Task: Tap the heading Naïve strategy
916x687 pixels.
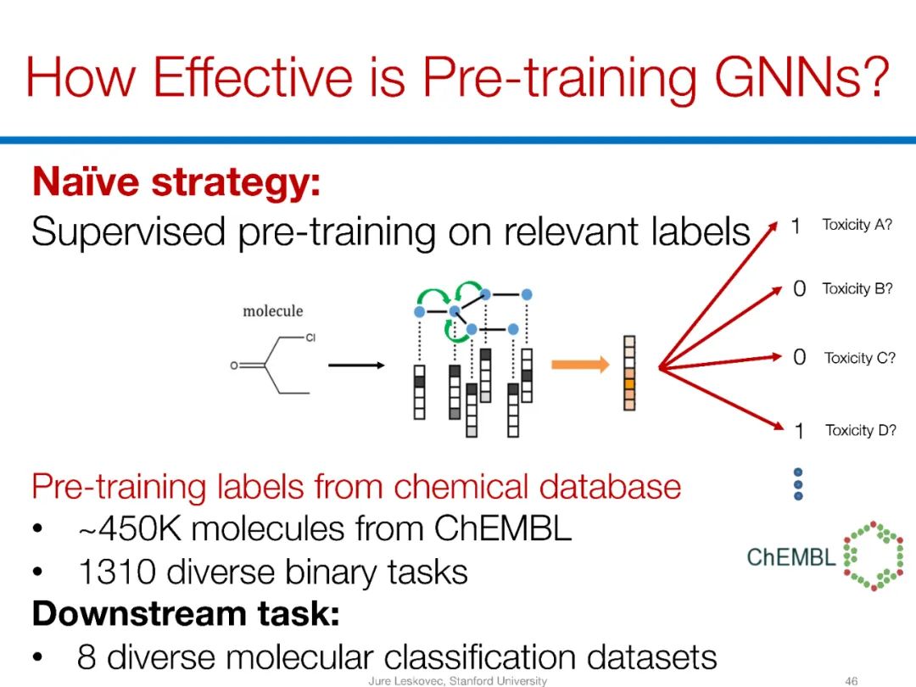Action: click(x=176, y=182)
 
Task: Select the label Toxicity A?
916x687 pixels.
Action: click(x=857, y=225)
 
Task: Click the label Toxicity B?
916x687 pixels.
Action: click(x=857, y=289)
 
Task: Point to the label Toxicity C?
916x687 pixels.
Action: click(x=859, y=358)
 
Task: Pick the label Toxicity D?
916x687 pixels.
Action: click(x=860, y=431)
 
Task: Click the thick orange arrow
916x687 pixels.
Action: click(x=580, y=366)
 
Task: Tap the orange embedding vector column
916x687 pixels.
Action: click(x=628, y=372)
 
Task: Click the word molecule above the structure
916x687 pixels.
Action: click(x=272, y=311)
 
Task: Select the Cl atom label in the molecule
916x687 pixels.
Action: click(x=310, y=338)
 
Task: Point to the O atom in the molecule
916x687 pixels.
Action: click(x=233, y=366)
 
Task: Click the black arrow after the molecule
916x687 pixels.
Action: click(x=356, y=366)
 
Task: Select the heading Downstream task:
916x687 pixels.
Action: click(x=186, y=613)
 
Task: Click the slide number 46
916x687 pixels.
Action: click(x=852, y=680)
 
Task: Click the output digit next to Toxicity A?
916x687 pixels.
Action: click(x=796, y=226)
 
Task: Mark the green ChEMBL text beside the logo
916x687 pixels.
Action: click(x=790, y=557)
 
